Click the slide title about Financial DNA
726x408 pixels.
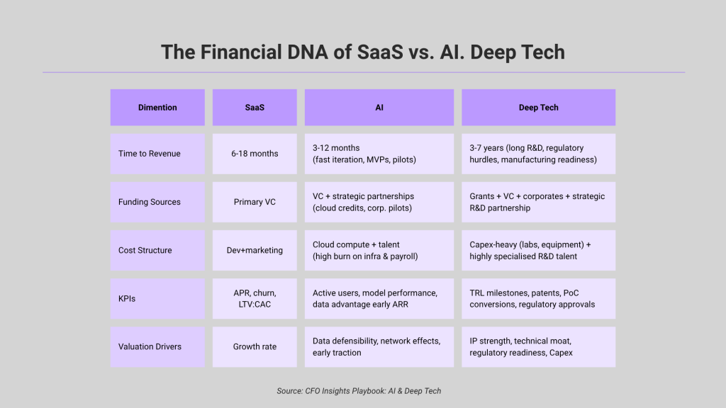[x=363, y=52]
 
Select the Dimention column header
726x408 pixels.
[x=157, y=108]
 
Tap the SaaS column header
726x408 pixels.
[x=255, y=108]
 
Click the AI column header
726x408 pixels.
[x=379, y=108]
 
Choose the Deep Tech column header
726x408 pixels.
[x=538, y=108]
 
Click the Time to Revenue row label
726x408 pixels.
[x=157, y=154]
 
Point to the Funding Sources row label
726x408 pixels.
[x=157, y=202]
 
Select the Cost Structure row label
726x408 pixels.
[x=157, y=250]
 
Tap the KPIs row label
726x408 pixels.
[x=157, y=298]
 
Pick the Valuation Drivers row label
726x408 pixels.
[x=157, y=346]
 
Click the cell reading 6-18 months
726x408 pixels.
[x=255, y=154]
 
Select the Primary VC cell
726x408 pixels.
[x=255, y=202]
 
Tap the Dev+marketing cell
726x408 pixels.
[x=255, y=250]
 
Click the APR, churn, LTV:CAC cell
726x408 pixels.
[x=255, y=298]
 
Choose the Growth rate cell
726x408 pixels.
[x=255, y=346]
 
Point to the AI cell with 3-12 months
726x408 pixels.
[x=379, y=154]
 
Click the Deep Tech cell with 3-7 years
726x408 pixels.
[x=538, y=154]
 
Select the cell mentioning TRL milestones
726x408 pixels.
[x=538, y=298]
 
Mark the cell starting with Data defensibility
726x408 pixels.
[x=379, y=346]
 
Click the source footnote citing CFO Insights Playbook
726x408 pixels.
[x=359, y=391]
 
